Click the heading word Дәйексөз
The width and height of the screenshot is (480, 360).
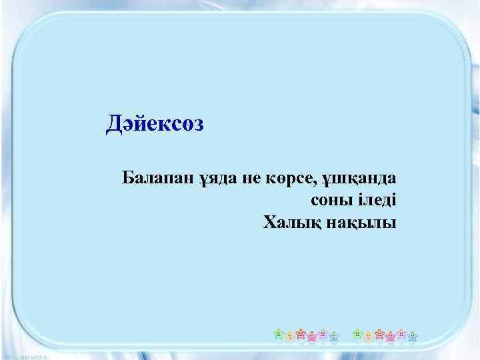[155, 123]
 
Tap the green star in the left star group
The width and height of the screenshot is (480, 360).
[279, 333]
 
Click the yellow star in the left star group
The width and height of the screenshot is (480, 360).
[289, 336]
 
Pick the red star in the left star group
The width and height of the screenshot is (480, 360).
[301, 333]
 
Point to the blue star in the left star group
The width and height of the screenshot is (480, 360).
[333, 336]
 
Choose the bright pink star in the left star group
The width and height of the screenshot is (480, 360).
[312, 336]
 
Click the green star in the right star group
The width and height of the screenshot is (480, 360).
[357, 333]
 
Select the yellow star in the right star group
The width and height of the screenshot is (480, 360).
[368, 336]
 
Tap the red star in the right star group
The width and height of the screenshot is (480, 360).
[379, 333]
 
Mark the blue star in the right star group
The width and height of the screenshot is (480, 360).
[412, 336]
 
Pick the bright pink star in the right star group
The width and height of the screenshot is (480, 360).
[390, 336]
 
